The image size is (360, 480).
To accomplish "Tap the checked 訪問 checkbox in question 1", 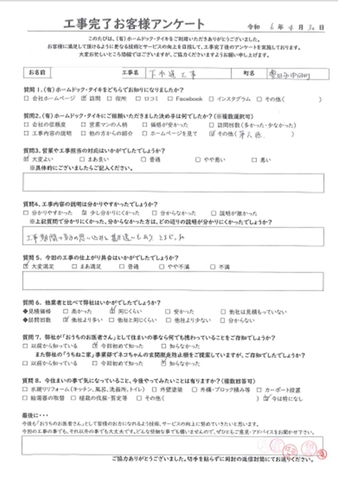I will (84, 99).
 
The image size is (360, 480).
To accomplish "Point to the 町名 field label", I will (249, 74).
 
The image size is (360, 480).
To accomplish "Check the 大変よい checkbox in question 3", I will (26, 159).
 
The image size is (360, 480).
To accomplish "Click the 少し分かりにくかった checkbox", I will (84, 213).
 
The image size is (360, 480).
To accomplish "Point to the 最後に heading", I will (35, 416).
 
